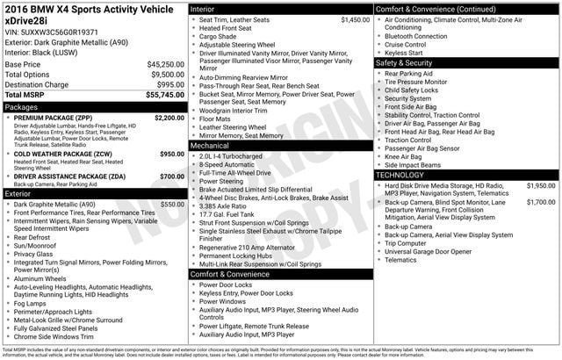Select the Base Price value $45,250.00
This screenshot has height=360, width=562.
click(165, 64)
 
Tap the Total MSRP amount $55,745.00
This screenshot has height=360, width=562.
click(165, 95)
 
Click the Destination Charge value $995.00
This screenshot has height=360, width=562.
click(168, 84)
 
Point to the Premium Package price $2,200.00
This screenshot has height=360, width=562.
click(169, 117)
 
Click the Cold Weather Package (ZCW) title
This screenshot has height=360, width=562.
click(63, 154)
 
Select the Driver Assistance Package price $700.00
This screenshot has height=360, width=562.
click(172, 176)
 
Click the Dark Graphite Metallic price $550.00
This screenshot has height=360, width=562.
click(172, 204)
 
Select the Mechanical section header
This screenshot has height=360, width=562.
click(213, 147)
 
